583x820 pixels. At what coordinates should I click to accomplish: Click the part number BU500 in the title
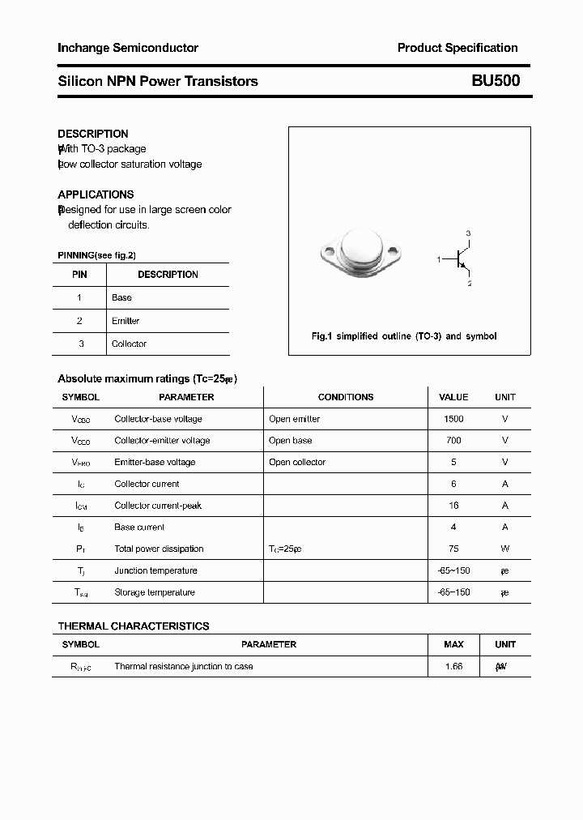(x=496, y=81)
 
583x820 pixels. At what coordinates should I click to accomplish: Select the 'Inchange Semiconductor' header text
(x=128, y=48)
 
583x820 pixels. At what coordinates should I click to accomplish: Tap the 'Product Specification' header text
(x=457, y=48)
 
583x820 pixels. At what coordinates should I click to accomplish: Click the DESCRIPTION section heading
(x=93, y=134)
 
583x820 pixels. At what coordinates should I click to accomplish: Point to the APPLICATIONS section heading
(x=96, y=194)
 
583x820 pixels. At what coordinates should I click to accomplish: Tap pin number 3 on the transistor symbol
(x=468, y=233)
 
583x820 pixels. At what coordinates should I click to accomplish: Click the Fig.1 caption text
(x=404, y=335)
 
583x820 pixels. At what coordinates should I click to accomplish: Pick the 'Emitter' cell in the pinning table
(x=126, y=321)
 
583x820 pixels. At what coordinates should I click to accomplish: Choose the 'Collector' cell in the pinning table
(x=129, y=344)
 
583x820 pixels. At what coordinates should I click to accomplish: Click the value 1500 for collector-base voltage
(x=453, y=419)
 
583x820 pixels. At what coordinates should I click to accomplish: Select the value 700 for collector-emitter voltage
(x=453, y=441)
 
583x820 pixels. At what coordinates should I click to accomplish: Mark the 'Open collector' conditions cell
(x=297, y=462)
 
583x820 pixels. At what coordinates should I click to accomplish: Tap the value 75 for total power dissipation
(x=453, y=549)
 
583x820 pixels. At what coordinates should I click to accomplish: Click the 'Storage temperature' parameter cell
(x=155, y=592)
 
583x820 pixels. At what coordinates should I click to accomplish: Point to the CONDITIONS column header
(x=346, y=397)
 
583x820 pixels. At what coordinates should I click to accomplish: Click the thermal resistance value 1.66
(x=453, y=666)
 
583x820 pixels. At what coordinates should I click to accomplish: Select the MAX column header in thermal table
(x=453, y=644)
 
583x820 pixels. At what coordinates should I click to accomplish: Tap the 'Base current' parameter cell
(x=141, y=527)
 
